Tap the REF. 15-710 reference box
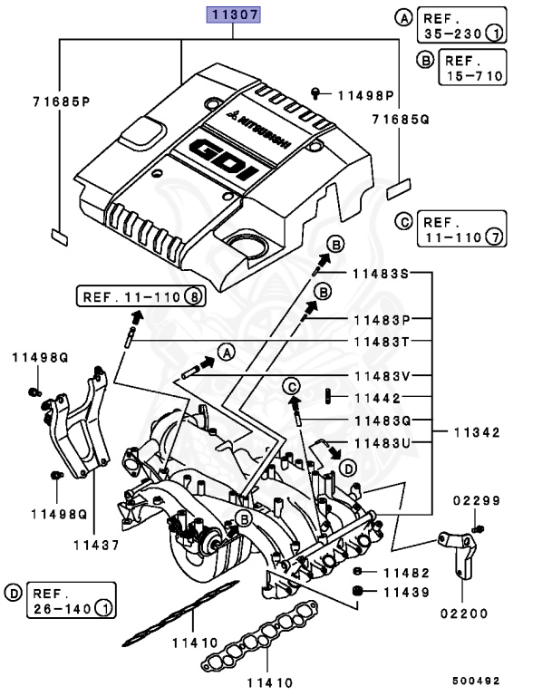coord(472,68)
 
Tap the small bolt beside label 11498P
coord(315,92)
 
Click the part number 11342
coord(477,432)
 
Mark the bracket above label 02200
coord(460,553)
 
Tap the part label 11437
coord(95,545)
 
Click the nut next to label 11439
coord(358,592)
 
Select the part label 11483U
coord(382,443)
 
